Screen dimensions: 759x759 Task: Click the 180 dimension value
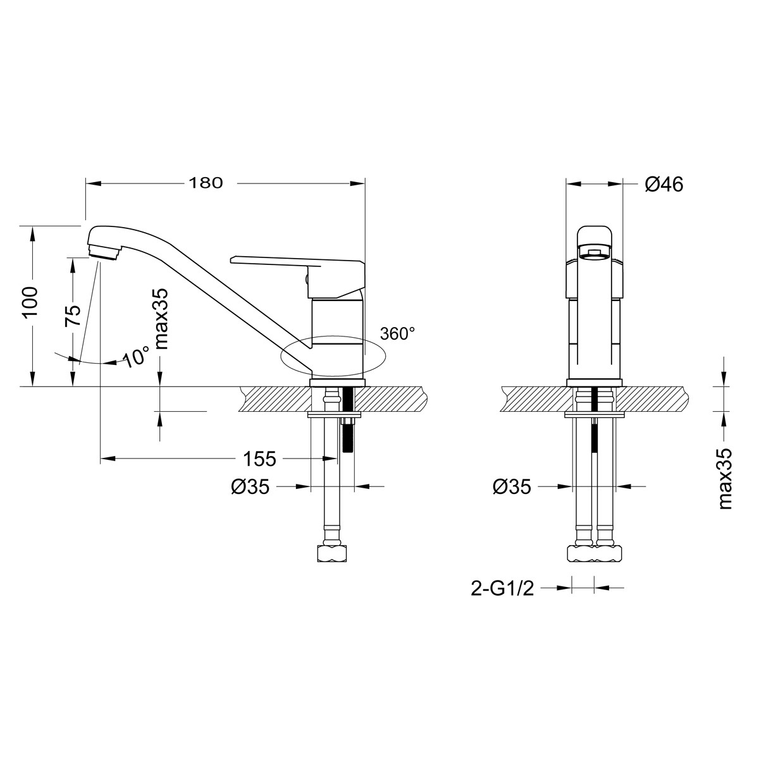click(x=206, y=183)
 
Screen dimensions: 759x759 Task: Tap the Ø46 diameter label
click(x=664, y=184)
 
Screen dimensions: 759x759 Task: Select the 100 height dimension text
click(x=30, y=302)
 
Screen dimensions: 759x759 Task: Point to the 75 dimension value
click(x=73, y=315)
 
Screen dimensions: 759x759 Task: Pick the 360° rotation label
click(x=397, y=333)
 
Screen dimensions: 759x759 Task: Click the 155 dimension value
click(x=259, y=459)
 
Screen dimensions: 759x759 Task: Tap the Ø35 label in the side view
click(x=250, y=487)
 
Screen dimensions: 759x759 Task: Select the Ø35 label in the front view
click(x=512, y=487)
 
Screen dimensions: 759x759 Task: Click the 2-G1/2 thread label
click(x=502, y=600)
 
